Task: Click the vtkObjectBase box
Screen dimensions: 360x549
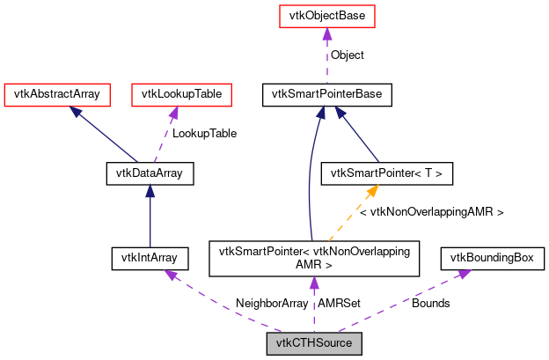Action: [326, 17]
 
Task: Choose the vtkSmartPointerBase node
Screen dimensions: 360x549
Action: [326, 92]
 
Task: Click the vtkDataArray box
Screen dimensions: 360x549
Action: [150, 173]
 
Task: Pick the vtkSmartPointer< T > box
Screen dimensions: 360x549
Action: [388, 173]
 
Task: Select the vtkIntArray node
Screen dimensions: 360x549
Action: [145, 258]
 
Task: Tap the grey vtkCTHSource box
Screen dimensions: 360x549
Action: [314, 343]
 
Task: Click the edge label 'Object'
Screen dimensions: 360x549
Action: [348, 55]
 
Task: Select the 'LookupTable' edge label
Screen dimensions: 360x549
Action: [204, 134]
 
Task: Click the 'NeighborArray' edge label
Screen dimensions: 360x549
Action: [272, 303]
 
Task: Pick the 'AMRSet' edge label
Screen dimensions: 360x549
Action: [339, 303]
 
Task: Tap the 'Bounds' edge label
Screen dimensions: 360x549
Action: [431, 303]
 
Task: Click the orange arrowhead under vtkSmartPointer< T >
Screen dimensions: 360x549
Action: [373, 189]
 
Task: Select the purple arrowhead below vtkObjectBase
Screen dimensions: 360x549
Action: [326, 33]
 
